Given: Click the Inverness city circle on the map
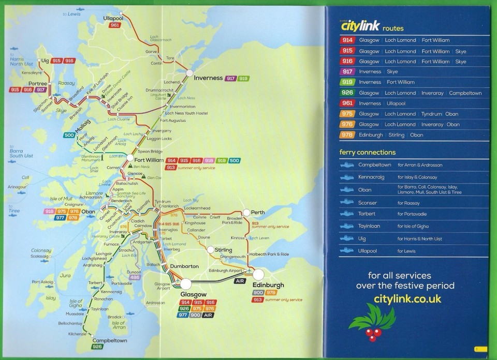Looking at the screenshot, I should (x=189, y=73).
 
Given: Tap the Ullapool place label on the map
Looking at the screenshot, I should (x=114, y=18).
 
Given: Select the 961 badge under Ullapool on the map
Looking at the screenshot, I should (x=115, y=25).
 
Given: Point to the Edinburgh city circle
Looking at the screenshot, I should (x=258, y=274).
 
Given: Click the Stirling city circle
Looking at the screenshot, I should (x=211, y=250).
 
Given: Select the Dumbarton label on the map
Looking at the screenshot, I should (x=184, y=266).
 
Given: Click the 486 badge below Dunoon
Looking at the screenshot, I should (x=135, y=278).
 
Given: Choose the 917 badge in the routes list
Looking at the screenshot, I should (x=347, y=72).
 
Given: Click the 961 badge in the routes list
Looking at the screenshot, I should (x=347, y=103).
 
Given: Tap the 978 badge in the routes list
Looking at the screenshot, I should (x=347, y=135).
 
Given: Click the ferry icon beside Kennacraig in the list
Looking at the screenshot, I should (x=347, y=177).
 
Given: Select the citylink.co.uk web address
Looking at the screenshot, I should (x=407, y=299).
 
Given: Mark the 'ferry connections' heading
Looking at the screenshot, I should (x=367, y=153).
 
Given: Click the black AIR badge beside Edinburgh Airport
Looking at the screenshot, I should (x=239, y=281).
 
